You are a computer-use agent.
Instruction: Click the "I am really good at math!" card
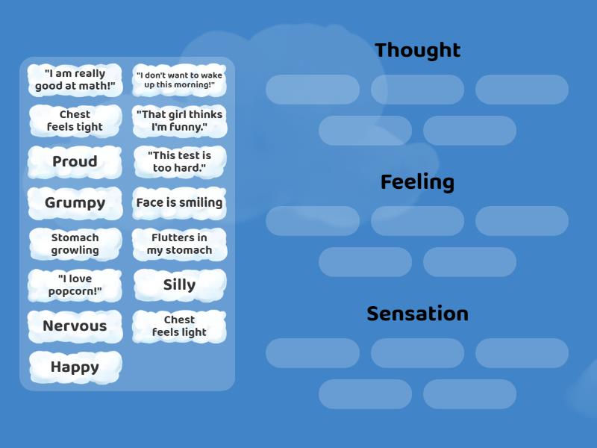point(75,80)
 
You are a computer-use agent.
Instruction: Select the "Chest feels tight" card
point(75,121)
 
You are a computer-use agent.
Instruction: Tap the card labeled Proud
point(75,162)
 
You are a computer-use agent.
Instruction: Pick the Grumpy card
point(75,203)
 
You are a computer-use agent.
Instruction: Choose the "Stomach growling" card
point(75,244)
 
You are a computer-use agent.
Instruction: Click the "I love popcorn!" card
point(75,285)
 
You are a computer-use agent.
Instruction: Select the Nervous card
point(75,326)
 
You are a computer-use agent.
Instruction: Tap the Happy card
point(75,367)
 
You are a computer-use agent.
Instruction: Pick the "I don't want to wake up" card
point(179,80)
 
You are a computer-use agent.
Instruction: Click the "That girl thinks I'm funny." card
point(179,121)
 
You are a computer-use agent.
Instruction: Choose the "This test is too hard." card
point(179,162)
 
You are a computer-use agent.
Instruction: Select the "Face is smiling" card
point(179,203)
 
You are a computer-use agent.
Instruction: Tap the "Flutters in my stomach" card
point(179,244)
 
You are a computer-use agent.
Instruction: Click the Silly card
point(179,285)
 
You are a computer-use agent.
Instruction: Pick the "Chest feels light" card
point(179,326)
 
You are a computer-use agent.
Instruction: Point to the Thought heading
point(417,50)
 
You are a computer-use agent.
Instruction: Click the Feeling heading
point(417,182)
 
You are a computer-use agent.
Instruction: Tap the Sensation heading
point(417,314)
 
